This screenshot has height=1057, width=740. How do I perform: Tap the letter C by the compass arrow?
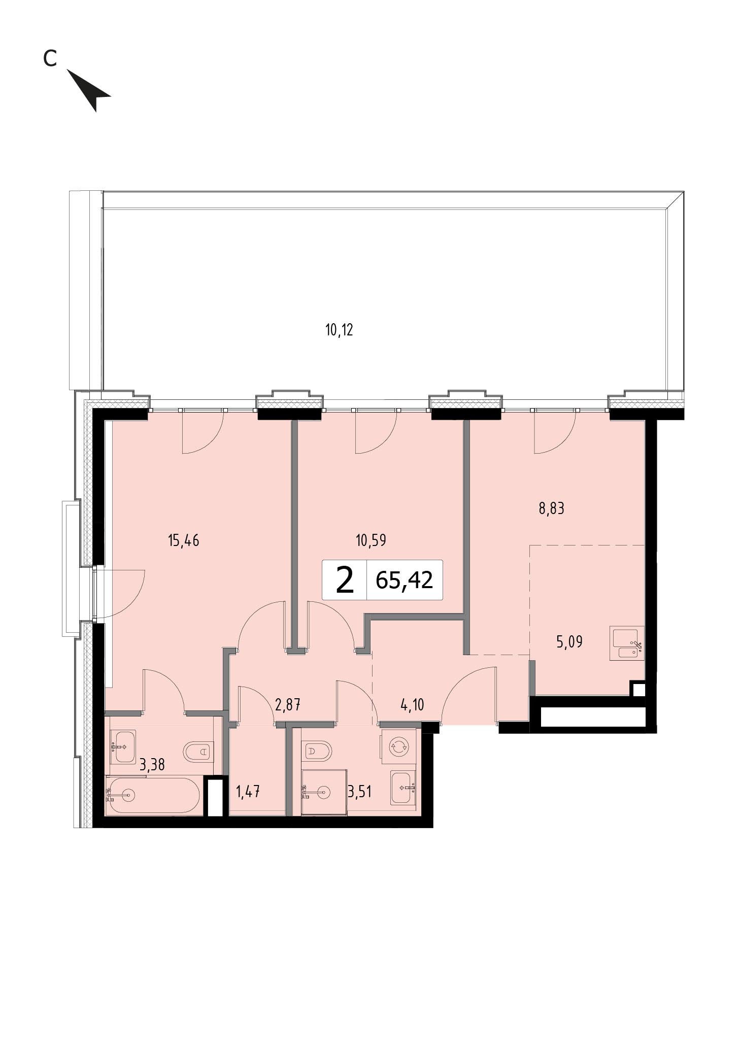pos(49,59)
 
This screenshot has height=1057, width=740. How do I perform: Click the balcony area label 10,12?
pos(339,330)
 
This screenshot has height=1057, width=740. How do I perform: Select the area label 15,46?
pos(183,540)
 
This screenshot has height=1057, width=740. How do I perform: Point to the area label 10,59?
pos(371,540)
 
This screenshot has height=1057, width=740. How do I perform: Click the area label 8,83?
pos(551,508)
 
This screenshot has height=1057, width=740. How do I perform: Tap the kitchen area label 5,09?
pos(569,642)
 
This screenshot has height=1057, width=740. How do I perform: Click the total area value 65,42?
pos(405,579)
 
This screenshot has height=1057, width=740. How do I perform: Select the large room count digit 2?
pos(345,581)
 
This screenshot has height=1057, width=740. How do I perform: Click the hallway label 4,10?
pos(412,704)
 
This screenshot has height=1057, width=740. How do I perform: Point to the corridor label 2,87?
pos(287,704)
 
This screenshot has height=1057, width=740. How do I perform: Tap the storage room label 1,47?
pos(248,792)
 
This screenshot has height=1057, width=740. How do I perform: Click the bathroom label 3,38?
pos(152,764)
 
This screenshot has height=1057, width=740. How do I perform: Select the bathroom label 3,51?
pos(359,791)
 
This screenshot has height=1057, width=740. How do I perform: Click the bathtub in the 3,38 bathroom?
pos(153,795)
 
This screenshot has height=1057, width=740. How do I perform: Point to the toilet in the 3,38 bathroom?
pos(198,751)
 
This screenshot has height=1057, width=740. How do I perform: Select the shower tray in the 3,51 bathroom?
pos(324,792)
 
